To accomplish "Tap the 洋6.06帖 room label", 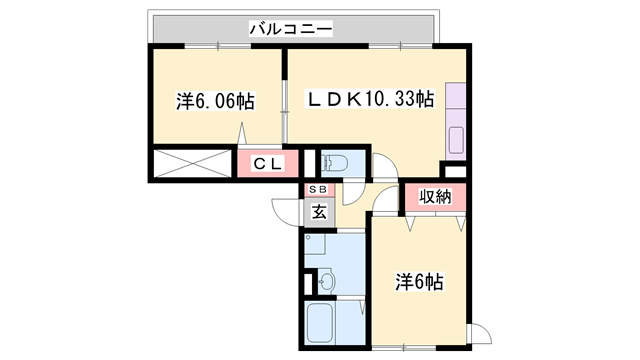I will (x=215, y=101).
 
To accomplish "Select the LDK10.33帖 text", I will (x=370, y=100).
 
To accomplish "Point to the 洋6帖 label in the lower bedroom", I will (x=420, y=282).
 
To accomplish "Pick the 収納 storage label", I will (x=435, y=197).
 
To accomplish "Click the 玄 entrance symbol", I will (x=318, y=211).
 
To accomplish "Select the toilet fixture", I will (x=335, y=163).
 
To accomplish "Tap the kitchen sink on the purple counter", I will (x=457, y=138).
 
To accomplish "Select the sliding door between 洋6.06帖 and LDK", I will (x=285, y=105).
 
